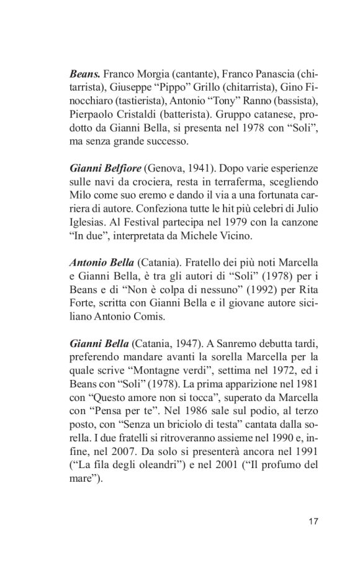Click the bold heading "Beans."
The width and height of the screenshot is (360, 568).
[x=84, y=72]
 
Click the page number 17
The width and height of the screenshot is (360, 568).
[x=313, y=521]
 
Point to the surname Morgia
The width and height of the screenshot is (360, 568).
[x=149, y=72]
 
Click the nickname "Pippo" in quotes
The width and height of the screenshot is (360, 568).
[x=171, y=88]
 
